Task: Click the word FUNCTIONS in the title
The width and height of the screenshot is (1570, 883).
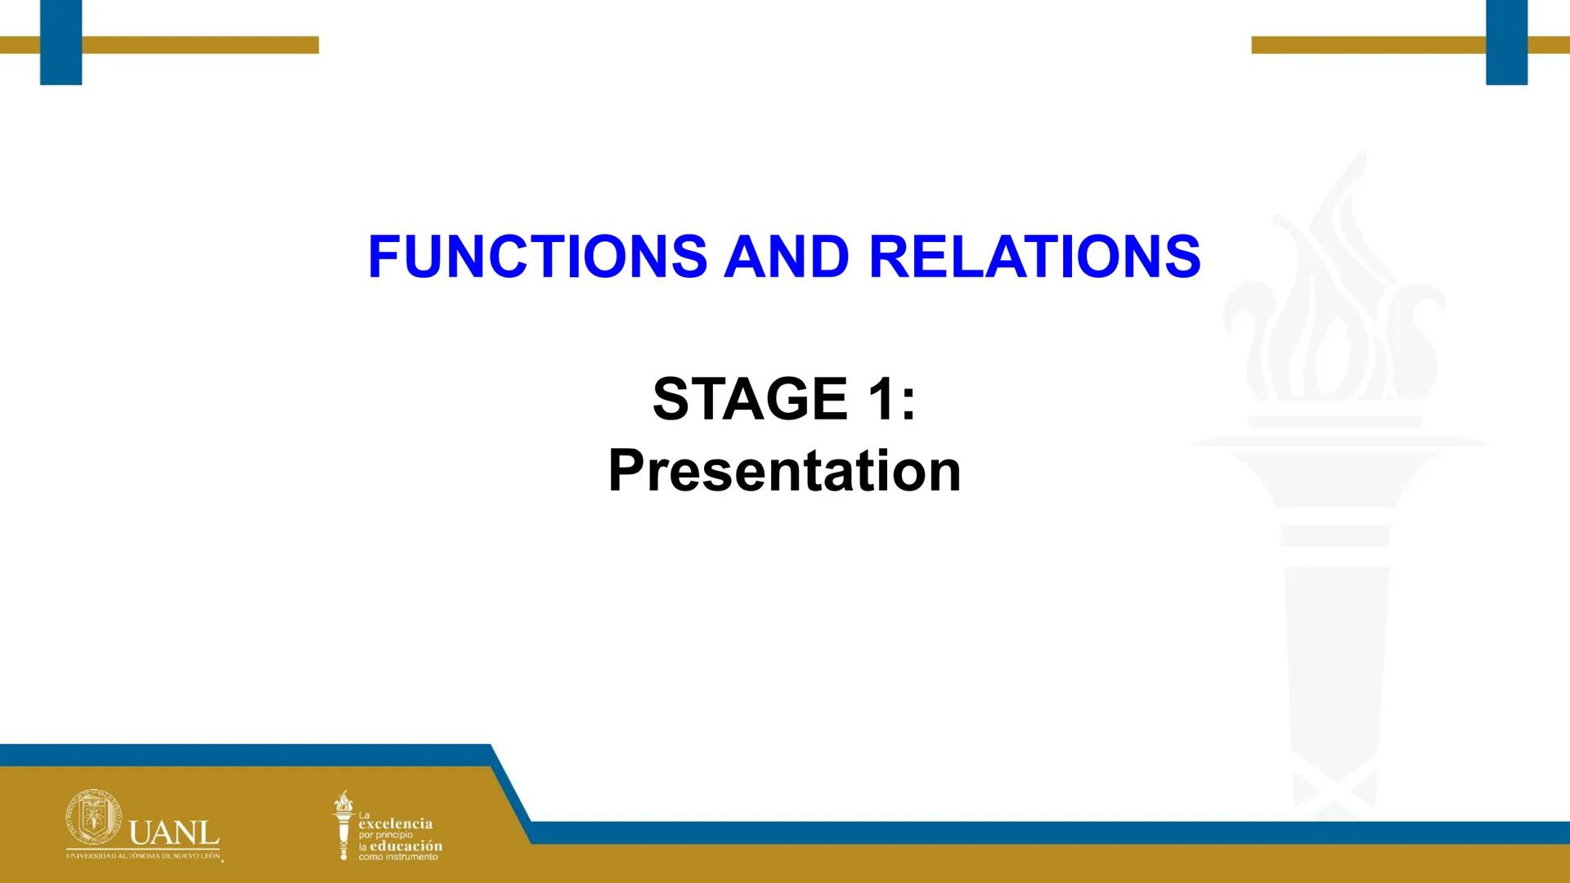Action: [537, 257]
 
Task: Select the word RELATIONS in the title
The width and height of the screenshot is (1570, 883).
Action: [1034, 257]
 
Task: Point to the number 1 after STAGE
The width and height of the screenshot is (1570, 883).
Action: [881, 400]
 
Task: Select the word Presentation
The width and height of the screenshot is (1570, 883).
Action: [784, 471]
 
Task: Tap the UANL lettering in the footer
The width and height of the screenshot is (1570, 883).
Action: [174, 835]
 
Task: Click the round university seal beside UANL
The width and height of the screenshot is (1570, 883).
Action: [93, 818]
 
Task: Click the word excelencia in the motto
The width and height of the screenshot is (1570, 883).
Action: [396, 824]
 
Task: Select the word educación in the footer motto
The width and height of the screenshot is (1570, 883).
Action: [406, 846]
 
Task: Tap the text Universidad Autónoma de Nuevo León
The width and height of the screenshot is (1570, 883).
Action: [143, 855]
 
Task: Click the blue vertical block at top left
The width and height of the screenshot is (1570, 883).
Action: [61, 42]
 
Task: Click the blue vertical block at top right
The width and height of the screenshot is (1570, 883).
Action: [1506, 42]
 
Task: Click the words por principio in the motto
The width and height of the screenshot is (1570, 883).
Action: [386, 835]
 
